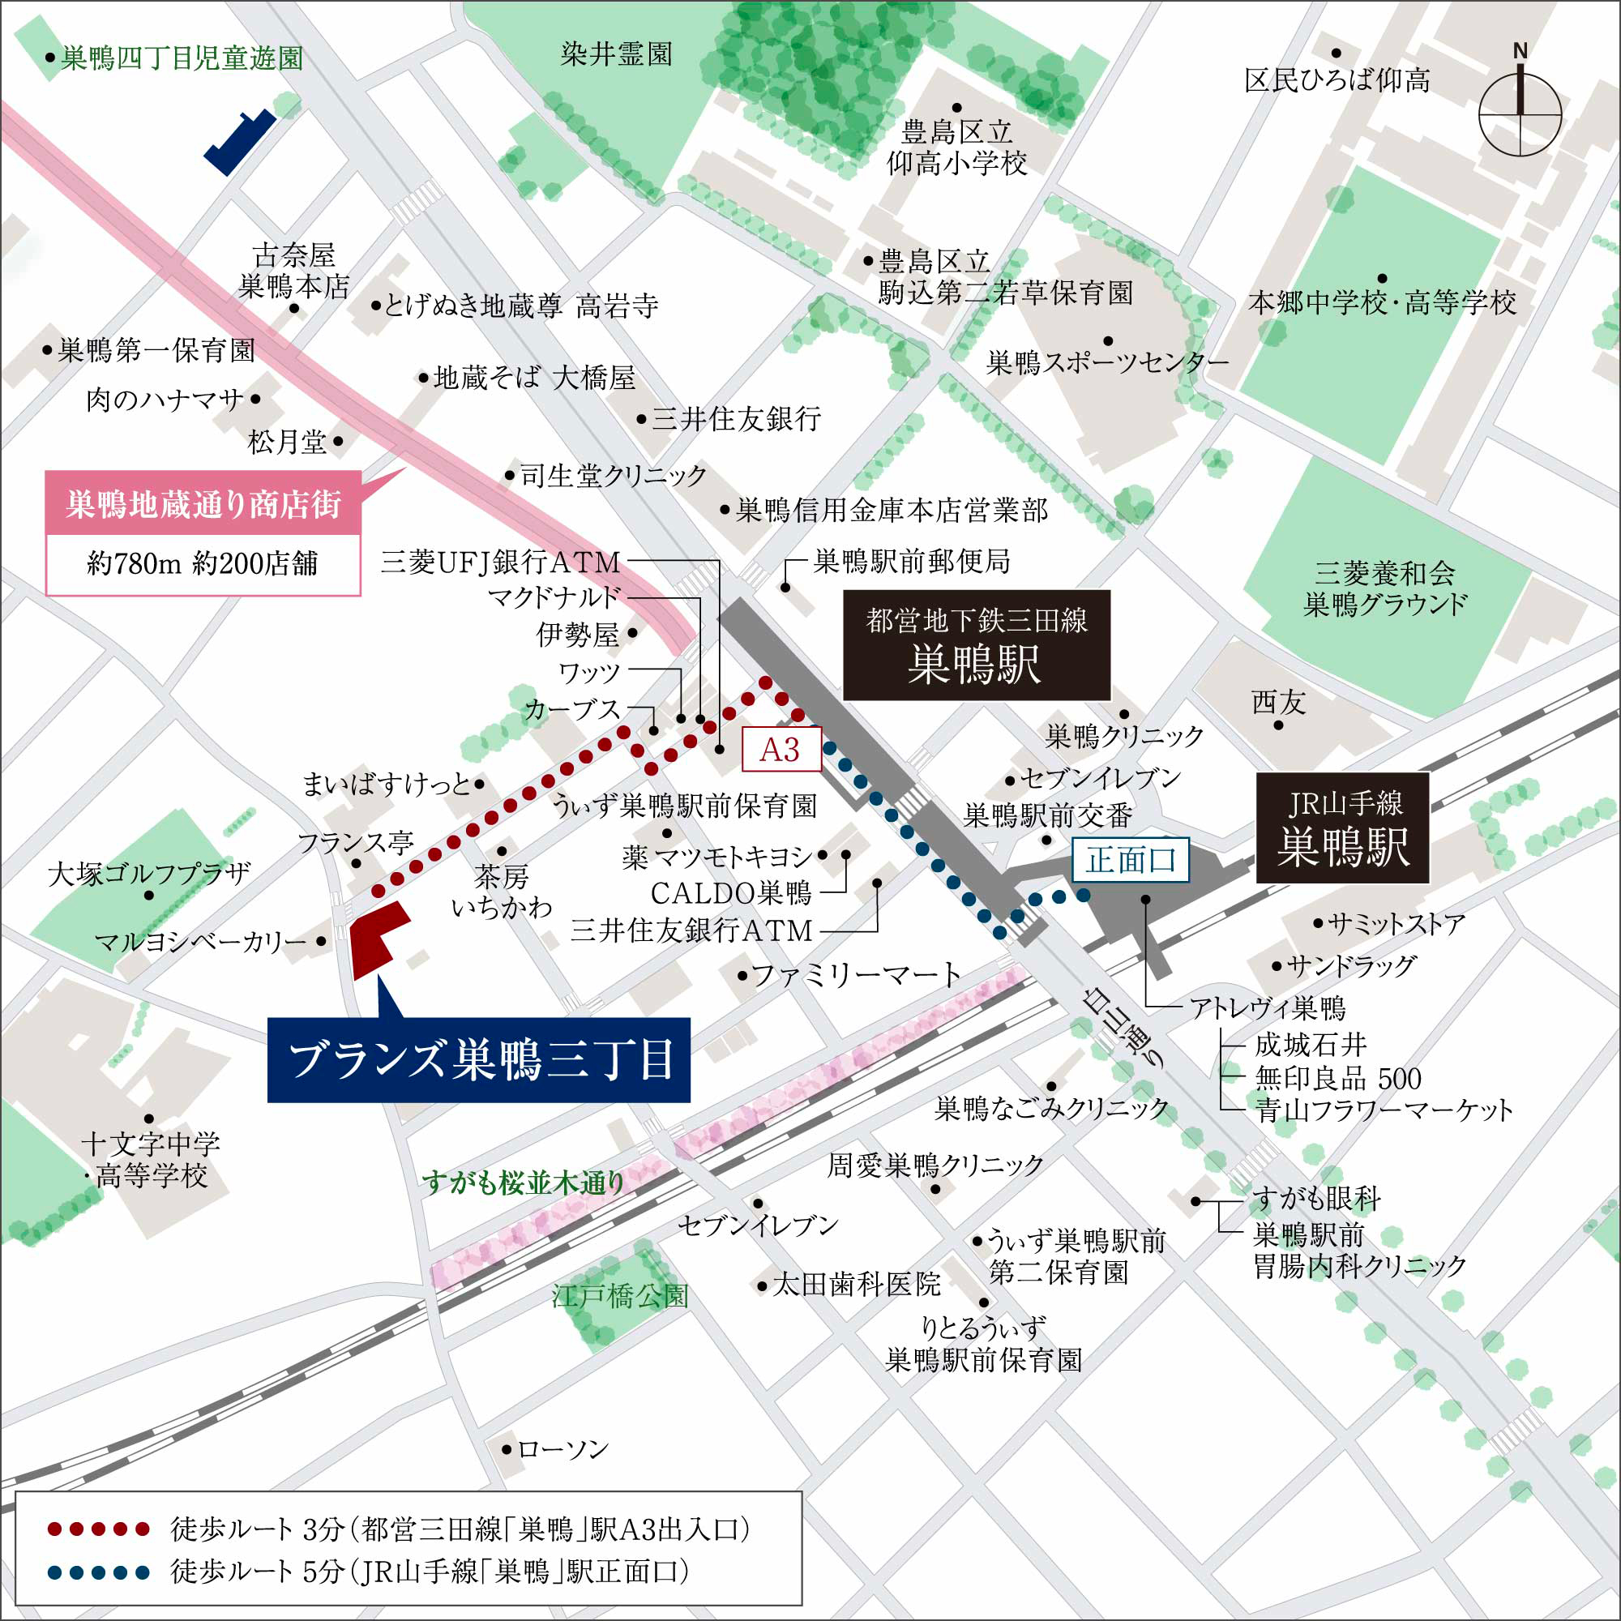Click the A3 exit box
(781, 749)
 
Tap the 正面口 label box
(1130, 860)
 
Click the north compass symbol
(1520, 113)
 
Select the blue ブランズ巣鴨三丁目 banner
(478, 1059)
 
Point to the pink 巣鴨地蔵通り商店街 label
(203, 504)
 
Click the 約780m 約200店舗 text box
(203, 564)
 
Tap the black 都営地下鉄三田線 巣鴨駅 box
(976, 645)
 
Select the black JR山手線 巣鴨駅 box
(1341, 828)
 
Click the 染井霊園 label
(617, 54)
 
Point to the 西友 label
(1278, 701)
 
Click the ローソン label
(562, 1448)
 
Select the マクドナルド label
(554, 597)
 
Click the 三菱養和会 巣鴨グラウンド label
(1384, 588)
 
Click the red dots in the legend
(98, 1529)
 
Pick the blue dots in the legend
(98, 1572)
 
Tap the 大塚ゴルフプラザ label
(149, 874)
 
